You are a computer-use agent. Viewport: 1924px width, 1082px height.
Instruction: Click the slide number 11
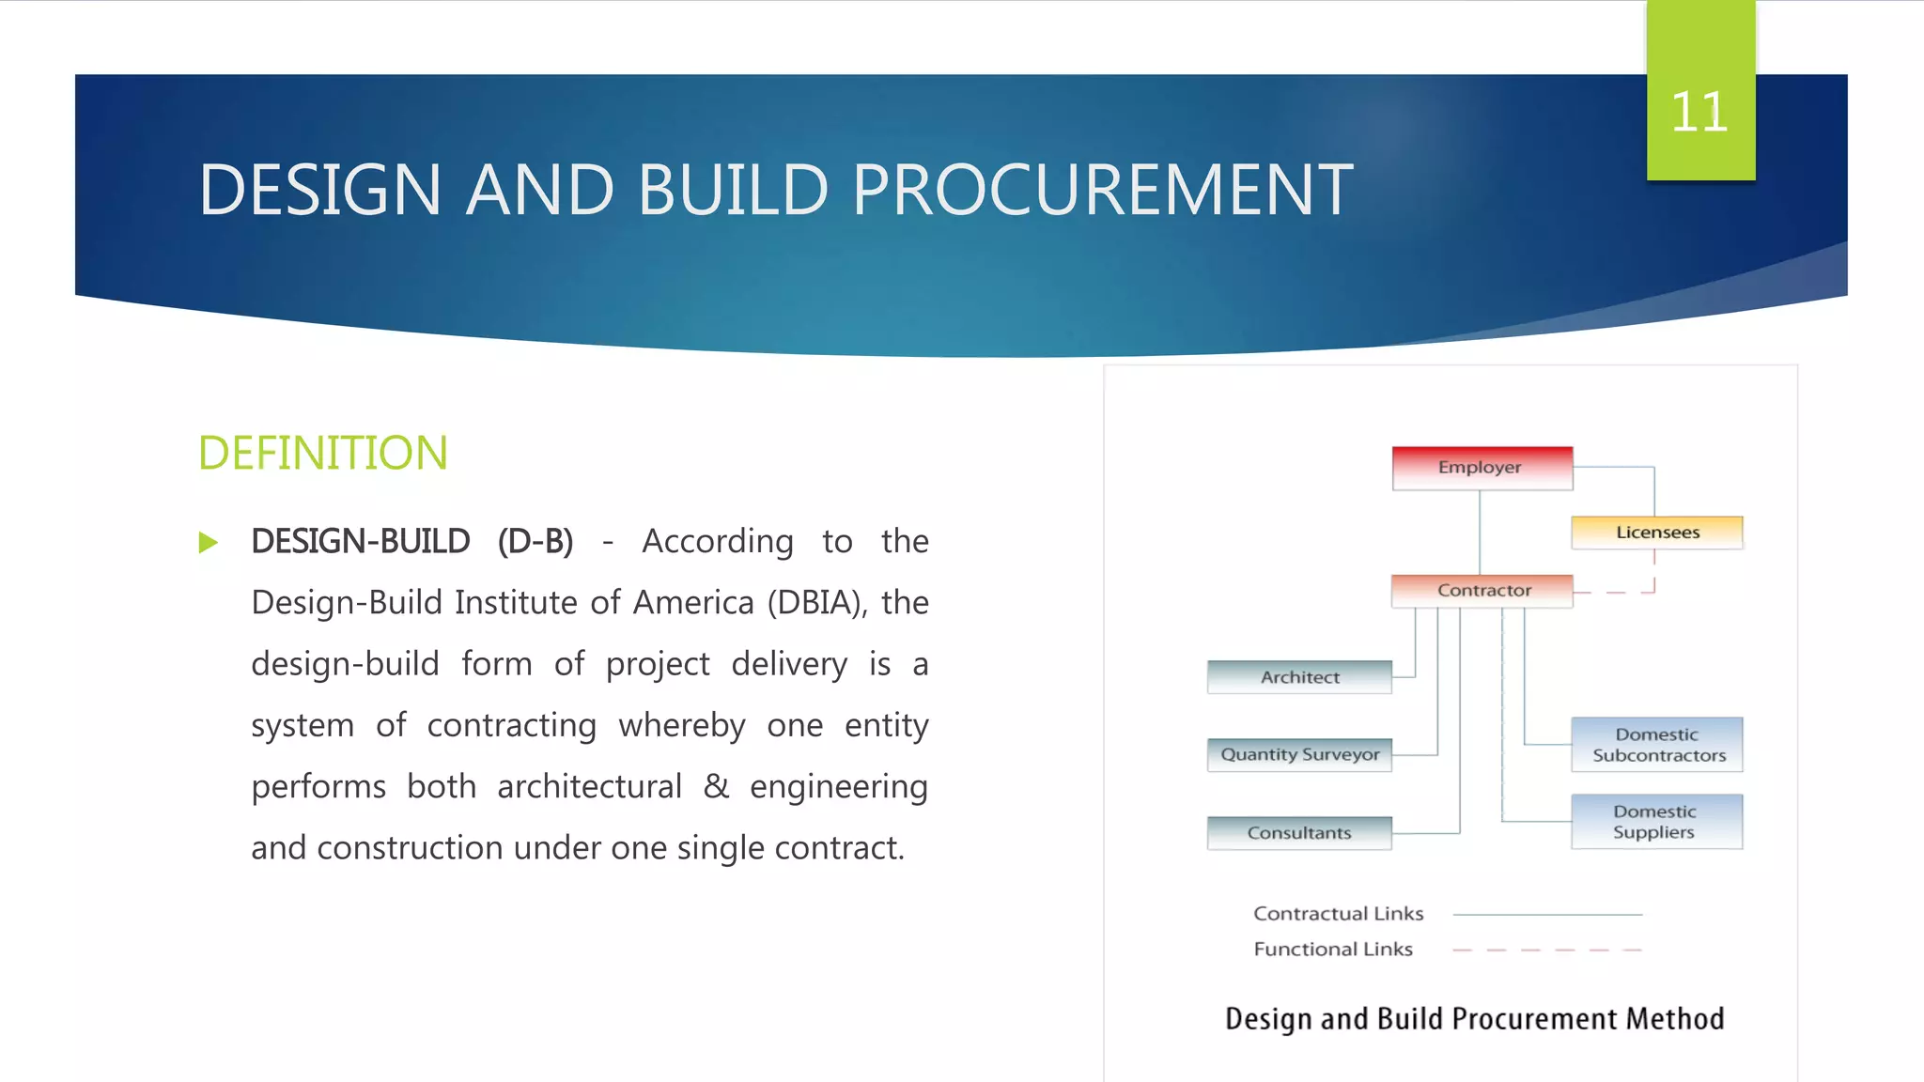tap(1699, 113)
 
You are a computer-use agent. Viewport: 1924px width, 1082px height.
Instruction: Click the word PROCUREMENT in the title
tap(1102, 190)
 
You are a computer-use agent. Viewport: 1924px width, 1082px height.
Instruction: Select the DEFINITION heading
tap(322, 453)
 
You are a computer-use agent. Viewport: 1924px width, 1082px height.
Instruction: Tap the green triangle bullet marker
tap(209, 543)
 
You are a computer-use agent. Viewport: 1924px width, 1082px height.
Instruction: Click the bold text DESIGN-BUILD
tap(360, 542)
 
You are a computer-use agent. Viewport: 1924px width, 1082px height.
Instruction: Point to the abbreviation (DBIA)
tap(816, 603)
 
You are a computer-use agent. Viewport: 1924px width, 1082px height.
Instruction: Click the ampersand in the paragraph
tap(716, 786)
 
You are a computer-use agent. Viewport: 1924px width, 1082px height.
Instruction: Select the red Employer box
tap(1482, 468)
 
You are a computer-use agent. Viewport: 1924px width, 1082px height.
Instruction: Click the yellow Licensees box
tap(1656, 533)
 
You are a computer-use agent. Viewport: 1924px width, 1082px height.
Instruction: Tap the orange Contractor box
tap(1482, 591)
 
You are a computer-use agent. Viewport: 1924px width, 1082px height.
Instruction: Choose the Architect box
tap(1299, 677)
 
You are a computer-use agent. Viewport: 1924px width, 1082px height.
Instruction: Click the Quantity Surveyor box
tap(1299, 754)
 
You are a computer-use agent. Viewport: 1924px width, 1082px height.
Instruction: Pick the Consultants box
tap(1299, 833)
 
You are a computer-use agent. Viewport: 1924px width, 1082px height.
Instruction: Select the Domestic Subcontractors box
tap(1657, 745)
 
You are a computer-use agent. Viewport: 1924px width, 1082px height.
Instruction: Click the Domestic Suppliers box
tap(1655, 822)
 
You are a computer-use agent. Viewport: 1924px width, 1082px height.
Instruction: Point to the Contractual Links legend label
tap(1338, 914)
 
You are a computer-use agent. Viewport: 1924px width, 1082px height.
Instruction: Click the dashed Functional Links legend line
tap(1546, 951)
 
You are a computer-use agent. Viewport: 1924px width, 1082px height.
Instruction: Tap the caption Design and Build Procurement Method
tap(1474, 1019)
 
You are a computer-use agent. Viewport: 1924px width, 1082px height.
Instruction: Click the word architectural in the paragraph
tap(589, 786)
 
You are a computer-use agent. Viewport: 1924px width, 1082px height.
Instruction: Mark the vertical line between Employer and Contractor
tap(1480, 532)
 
